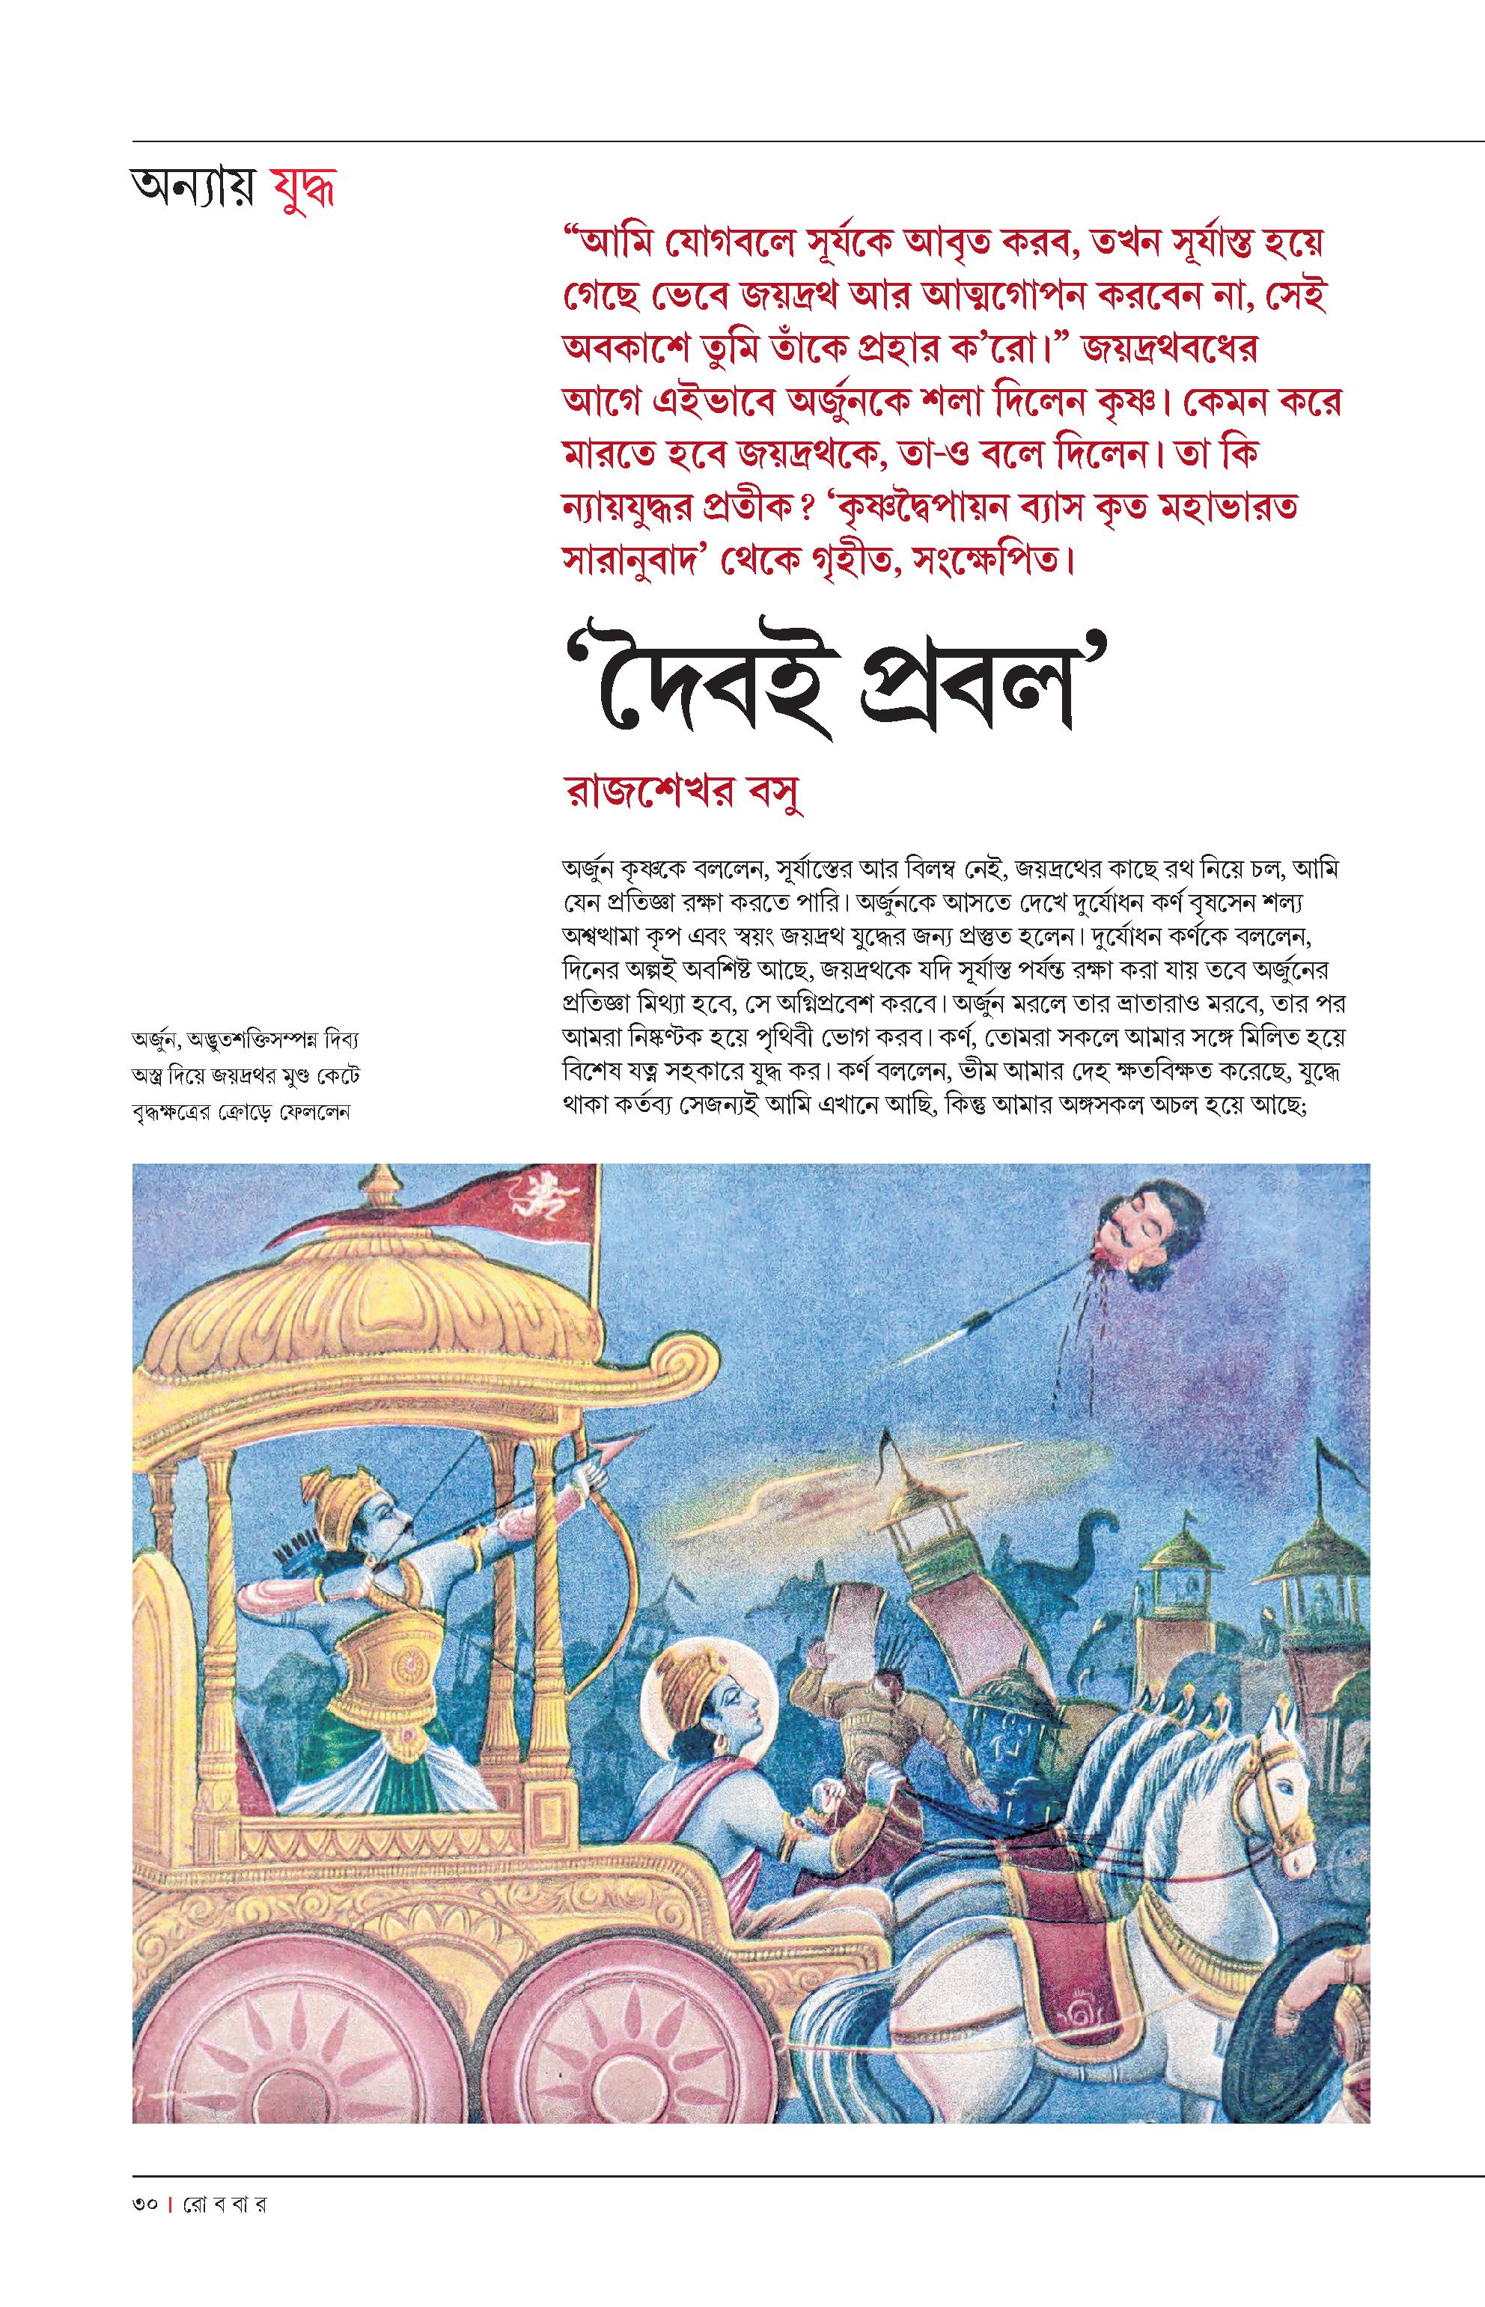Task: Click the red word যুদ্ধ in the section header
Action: (303, 190)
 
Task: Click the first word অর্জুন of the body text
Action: (591, 869)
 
